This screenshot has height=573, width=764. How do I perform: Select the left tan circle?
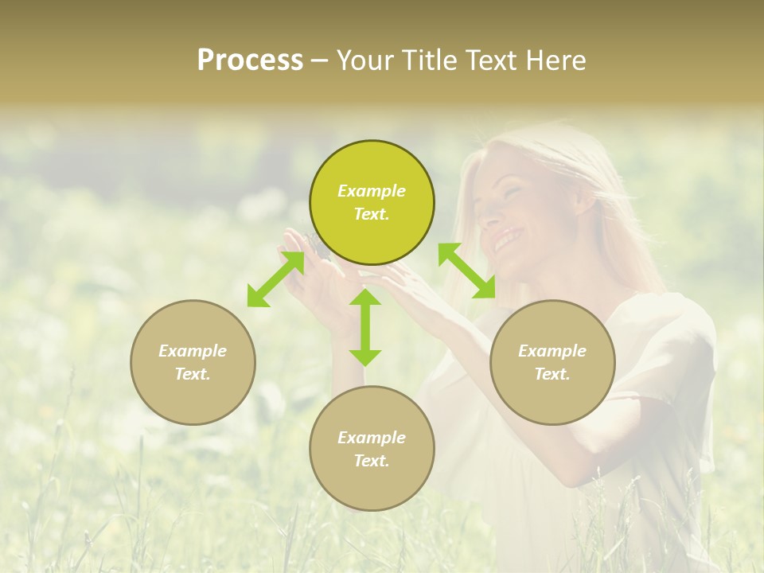click(x=193, y=362)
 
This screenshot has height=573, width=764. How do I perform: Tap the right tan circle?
click(x=552, y=362)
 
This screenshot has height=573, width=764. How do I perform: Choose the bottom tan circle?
click(x=372, y=449)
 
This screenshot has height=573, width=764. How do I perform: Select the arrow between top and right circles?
click(x=467, y=271)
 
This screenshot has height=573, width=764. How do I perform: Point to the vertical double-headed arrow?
click(x=365, y=327)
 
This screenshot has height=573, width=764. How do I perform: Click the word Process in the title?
click(x=250, y=60)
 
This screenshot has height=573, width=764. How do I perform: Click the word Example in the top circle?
click(x=372, y=191)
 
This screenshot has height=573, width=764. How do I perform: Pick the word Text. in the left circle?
click(x=193, y=374)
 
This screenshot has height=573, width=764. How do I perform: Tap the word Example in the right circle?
click(x=552, y=351)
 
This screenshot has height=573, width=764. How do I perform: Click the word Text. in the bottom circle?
click(x=372, y=461)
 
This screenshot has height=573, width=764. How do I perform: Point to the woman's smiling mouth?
click(x=504, y=238)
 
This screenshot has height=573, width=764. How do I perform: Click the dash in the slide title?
click(x=320, y=60)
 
